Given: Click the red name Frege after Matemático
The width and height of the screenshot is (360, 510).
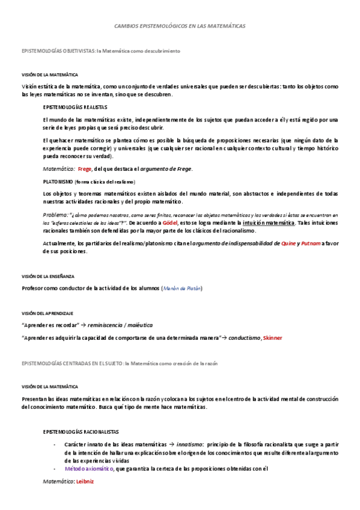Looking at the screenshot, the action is (x=85, y=169).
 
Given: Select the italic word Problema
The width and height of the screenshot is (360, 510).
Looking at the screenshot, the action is (x=56, y=215).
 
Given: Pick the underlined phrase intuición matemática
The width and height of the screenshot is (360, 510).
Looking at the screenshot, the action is (x=269, y=223).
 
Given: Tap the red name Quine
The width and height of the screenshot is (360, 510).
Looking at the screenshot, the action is (x=305, y=244).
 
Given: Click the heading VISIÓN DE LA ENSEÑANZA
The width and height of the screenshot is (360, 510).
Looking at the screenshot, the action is (x=48, y=276).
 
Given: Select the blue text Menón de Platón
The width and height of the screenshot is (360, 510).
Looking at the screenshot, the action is (x=183, y=289).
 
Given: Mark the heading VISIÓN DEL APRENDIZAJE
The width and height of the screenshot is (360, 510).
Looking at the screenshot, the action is (x=47, y=313).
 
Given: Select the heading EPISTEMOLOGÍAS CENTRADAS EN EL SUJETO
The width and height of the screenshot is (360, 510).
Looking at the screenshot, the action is (x=72, y=364).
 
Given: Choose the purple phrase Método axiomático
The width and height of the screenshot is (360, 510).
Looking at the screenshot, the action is (x=90, y=469).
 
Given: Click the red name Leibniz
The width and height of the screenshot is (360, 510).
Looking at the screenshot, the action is (x=85, y=482).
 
